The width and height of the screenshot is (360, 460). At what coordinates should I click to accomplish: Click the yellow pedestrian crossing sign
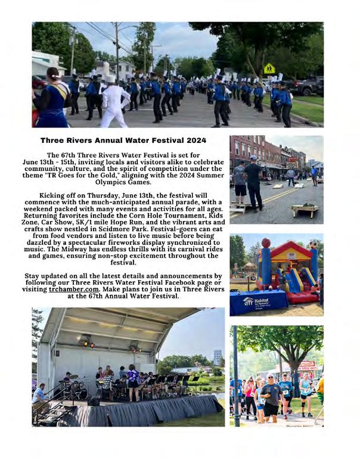click(270, 69)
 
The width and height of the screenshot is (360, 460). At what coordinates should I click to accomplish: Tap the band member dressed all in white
click(116, 100)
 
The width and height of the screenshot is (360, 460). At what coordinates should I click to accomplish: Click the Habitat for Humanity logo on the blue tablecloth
click(248, 302)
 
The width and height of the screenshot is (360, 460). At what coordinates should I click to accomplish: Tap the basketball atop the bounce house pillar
click(266, 243)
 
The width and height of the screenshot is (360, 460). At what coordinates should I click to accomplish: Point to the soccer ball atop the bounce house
click(313, 244)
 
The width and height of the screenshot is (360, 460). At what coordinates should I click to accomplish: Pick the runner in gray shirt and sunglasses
click(272, 396)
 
